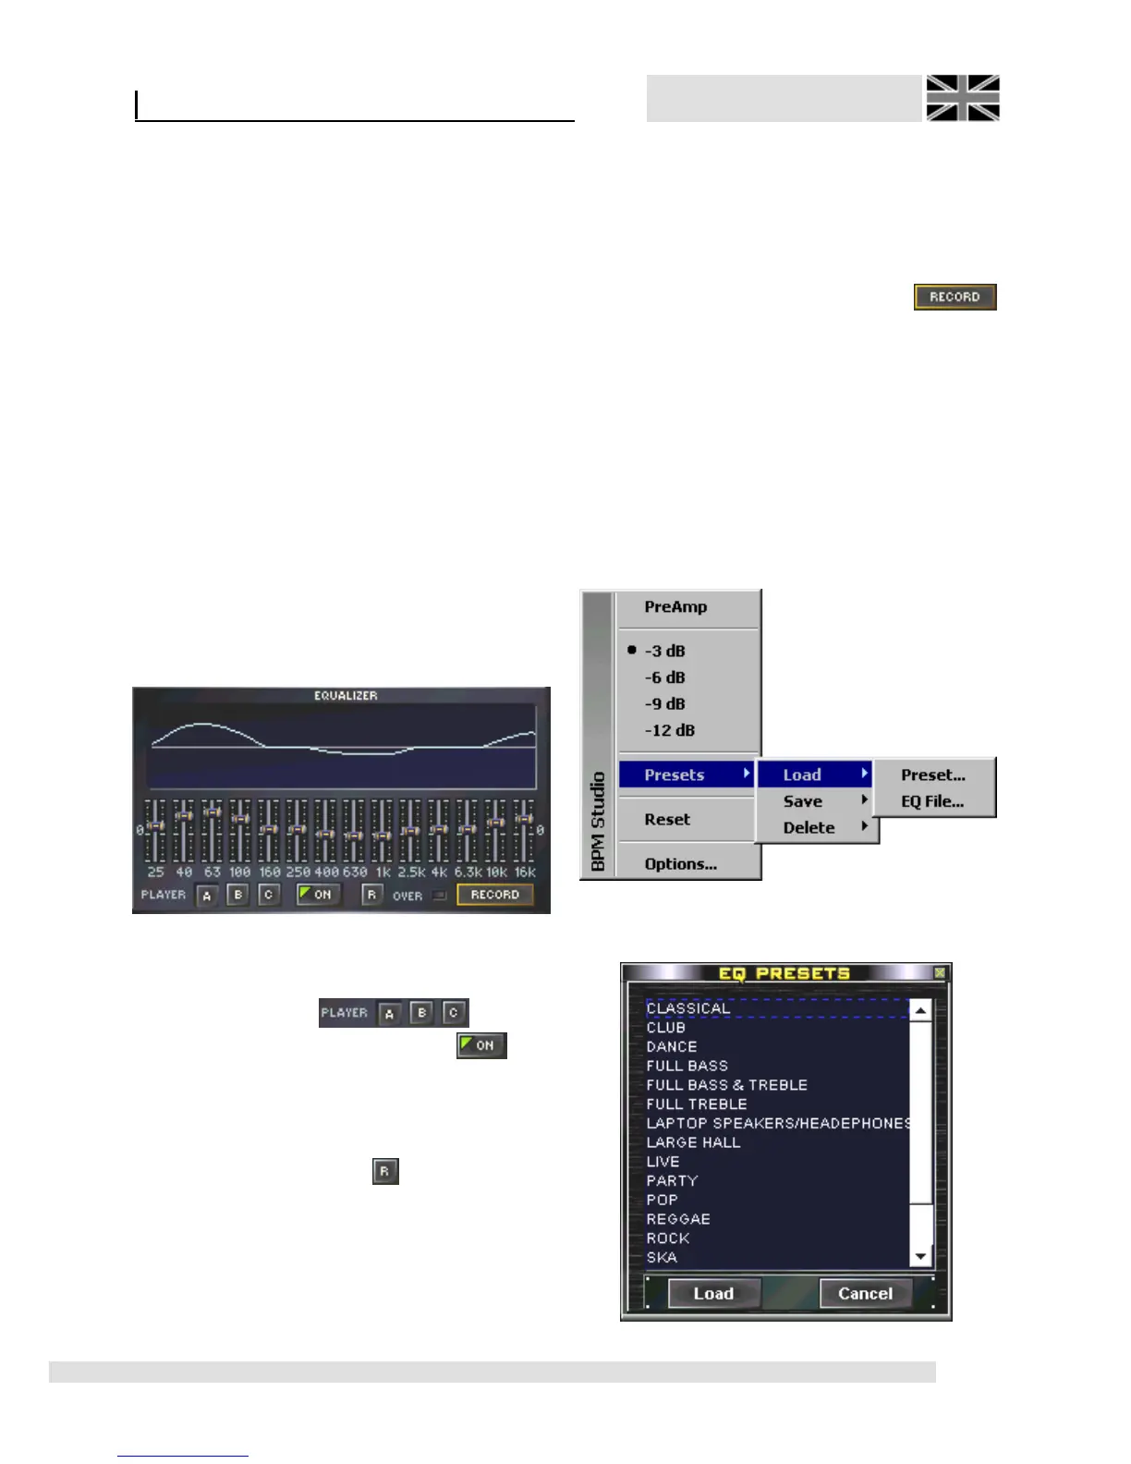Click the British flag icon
tap(963, 98)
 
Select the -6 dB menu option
tap(664, 677)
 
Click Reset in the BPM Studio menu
tap(667, 820)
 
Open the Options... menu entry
tap(680, 864)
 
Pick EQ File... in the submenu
tap(932, 801)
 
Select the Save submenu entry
tap(803, 801)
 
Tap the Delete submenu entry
tap(809, 828)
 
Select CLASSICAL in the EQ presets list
tap(688, 1008)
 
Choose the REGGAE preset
tap(678, 1219)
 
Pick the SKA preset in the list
tap(662, 1257)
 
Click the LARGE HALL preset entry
tap(693, 1142)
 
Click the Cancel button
tap(865, 1294)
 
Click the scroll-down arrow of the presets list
tap(920, 1257)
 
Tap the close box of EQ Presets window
tap(940, 973)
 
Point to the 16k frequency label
tap(525, 872)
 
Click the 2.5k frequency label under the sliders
tap(411, 872)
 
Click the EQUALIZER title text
tap(346, 696)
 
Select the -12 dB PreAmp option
tap(669, 730)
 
